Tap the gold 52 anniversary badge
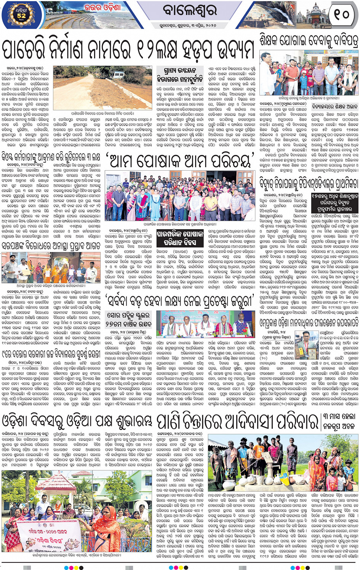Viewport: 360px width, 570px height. (21, 15)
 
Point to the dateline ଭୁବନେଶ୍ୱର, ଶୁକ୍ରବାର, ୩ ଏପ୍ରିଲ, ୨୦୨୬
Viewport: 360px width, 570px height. (189, 26)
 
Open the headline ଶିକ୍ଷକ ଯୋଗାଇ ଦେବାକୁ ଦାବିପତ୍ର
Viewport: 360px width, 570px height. (309, 41)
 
